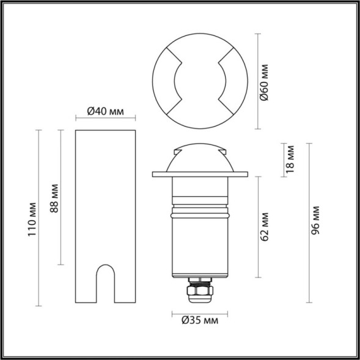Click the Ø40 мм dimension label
pyautogui.click(x=105, y=111)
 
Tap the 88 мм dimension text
pyautogui.click(x=54, y=197)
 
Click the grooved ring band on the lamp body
pyautogui.click(x=199, y=211)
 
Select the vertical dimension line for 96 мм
pyautogui.click(x=307, y=223)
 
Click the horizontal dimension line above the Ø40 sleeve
pyautogui.click(x=105, y=120)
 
